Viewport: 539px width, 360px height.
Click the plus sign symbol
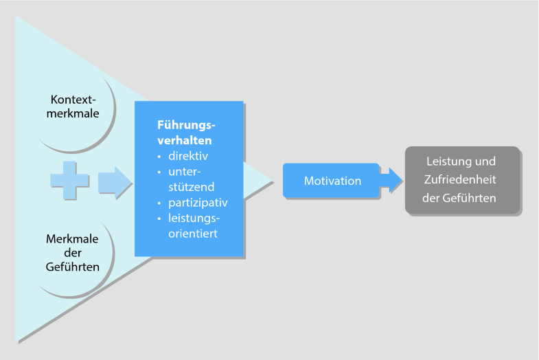(x=69, y=181)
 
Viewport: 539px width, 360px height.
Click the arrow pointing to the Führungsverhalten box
(x=114, y=181)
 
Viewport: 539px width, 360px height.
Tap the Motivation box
(x=332, y=181)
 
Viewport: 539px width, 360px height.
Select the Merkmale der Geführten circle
(x=74, y=254)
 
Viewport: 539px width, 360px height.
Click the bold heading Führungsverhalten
(x=187, y=132)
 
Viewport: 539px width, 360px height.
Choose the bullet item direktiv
(x=192, y=156)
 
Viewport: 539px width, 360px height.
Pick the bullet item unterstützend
(x=192, y=179)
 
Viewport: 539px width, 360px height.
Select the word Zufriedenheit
(x=461, y=180)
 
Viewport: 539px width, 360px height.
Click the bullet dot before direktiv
(x=160, y=157)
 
